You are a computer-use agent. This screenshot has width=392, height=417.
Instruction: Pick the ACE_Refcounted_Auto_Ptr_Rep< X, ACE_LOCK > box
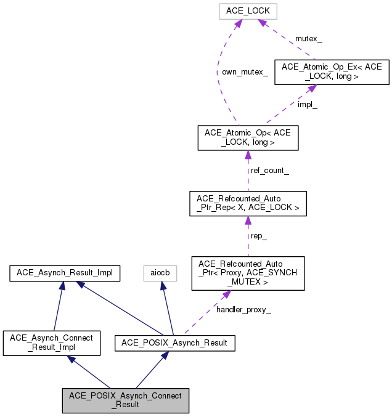pos(248,203)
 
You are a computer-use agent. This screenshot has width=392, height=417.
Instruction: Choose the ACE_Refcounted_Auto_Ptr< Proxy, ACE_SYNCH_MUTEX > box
pos(248,273)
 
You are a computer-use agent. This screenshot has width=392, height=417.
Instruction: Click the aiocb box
pos(160,272)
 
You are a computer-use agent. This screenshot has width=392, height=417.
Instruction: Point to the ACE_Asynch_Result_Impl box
pos(64,272)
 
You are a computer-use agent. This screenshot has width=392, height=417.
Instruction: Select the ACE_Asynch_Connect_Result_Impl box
pos(52,342)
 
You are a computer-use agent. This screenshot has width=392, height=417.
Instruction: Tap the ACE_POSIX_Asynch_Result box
pos(175,342)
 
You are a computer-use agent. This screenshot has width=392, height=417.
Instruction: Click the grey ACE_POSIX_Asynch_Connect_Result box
pos(126,400)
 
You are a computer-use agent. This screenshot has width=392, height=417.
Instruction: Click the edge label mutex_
pos(309,39)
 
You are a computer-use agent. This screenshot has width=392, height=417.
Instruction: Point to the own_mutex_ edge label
pos(245,72)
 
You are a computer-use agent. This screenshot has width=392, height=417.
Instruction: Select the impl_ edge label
pos(308,105)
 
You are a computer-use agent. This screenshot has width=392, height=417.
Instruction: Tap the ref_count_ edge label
pos(269,171)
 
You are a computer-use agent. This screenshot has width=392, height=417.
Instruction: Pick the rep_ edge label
pos(258,236)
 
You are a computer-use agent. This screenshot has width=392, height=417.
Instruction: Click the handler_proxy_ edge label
pos(243,310)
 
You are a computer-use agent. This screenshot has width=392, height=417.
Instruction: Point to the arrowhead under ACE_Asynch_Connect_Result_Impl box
pos(71,358)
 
